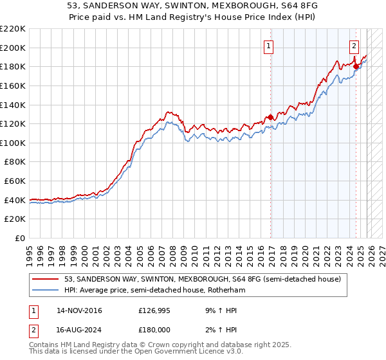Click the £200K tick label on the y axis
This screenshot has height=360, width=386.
[x=13, y=48]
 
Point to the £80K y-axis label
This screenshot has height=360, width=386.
[x=15, y=162]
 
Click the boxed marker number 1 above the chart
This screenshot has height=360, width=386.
[x=268, y=46]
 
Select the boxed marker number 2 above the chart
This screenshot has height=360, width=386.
[x=354, y=46]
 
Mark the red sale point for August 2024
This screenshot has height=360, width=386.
[x=356, y=66]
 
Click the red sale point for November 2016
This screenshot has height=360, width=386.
[x=270, y=117]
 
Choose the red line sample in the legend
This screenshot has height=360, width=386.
[x=46, y=279]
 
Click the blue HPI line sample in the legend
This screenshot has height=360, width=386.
[x=46, y=290]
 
